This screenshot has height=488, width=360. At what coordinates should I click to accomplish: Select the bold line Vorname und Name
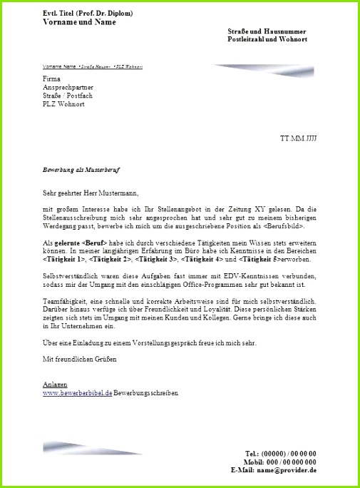tap(78, 23)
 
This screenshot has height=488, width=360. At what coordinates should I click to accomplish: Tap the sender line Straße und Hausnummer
tap(267, 31)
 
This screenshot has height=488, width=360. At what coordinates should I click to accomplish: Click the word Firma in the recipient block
tap(51, 78)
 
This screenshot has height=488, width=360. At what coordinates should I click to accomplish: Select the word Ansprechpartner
tap(67, 87)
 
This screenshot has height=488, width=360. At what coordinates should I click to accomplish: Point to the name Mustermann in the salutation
tap(113, 193)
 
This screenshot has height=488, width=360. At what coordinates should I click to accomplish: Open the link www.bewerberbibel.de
tap(78, 392)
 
